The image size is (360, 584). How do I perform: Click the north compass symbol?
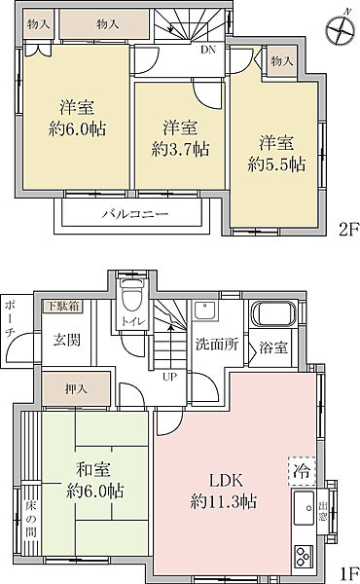click(x=340, y=29)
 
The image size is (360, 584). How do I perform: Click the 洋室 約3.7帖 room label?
click(x=180, y=137)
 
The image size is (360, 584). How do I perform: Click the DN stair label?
click(x=207, y=49)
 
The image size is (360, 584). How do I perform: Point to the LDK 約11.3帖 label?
click(x=223, y=492)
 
